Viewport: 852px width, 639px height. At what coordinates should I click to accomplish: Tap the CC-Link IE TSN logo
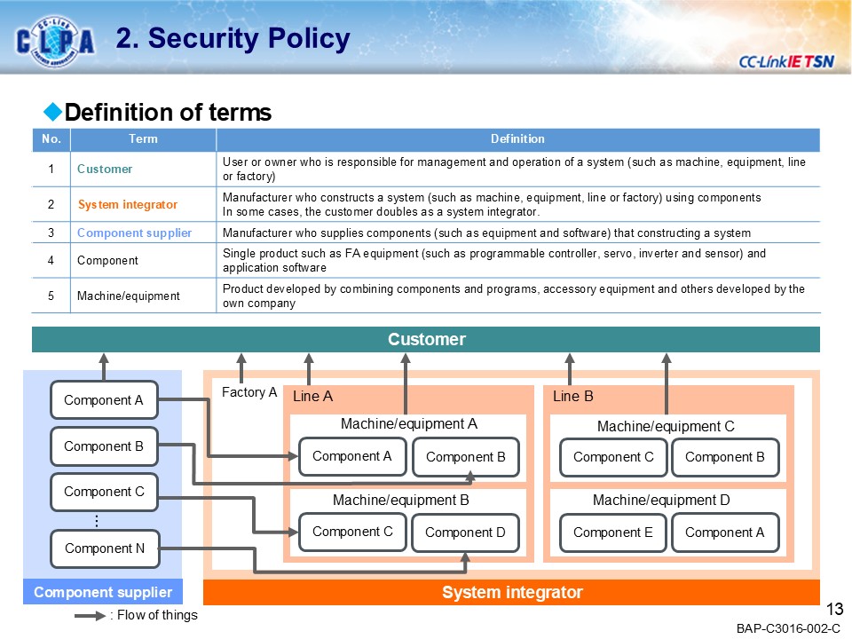[x=785, y=61]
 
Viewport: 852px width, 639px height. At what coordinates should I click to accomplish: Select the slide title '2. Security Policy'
[x=233, y=39]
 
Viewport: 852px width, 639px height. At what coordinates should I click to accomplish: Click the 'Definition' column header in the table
[x=517, y=139]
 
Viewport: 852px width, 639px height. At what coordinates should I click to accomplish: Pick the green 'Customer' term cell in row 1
[x=105, y=169]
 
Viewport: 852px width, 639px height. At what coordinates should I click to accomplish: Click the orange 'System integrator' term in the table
[x=128, y=204]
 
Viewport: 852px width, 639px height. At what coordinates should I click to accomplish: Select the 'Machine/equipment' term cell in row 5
[x=129, y=296]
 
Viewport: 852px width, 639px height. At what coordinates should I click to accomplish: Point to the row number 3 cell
[x=51, y=233]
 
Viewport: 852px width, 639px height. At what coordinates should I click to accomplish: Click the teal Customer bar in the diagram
[x=426, y=340]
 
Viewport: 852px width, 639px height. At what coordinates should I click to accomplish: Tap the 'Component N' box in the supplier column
[x=104, y=548]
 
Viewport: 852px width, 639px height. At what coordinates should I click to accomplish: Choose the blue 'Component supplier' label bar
[x=102, y=592]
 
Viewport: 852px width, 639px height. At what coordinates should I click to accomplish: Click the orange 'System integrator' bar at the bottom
[x=512, y=592]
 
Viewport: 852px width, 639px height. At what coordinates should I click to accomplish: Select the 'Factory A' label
[x=248, y=392]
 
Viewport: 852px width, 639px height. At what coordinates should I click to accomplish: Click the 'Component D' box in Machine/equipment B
[x=465, y=532]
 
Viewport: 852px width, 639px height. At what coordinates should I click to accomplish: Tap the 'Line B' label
[x=572, y=397]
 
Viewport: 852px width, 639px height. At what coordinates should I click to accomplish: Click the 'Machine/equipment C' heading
[x=666, y=427]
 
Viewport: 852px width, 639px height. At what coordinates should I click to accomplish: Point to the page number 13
[x=833, y=609]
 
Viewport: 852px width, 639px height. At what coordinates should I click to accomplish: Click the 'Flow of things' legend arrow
[x=90, y=615]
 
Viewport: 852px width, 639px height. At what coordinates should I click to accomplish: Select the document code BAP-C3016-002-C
[x=788, y=628]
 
